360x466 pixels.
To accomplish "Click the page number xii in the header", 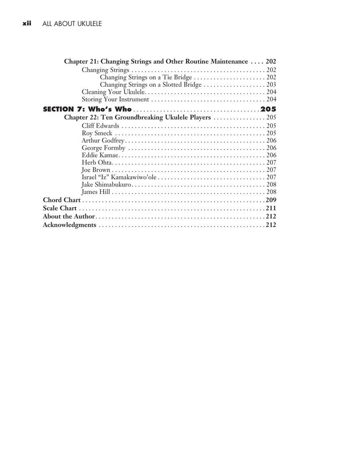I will [29, 24].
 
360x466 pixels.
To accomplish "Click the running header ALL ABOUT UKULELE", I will [72, 24].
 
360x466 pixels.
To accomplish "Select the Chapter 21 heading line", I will [156, 61].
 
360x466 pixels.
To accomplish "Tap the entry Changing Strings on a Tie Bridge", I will [146, 77].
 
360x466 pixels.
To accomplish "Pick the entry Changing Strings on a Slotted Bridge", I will [150, 85].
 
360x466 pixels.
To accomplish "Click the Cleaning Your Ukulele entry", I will [115, 92].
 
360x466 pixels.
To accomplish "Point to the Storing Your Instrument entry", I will [116, 99].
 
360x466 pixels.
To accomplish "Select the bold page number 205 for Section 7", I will [268, 109].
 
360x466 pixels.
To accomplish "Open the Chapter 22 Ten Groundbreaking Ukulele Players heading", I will [138, 117].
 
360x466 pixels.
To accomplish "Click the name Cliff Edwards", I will [100, 126].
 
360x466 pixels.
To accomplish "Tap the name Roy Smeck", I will [97, 133].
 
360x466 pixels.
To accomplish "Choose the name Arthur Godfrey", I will [103, 141].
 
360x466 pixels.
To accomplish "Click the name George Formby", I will [103, 148].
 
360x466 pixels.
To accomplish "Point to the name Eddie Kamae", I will [100, 155].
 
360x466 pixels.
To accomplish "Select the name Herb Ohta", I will [97, 163].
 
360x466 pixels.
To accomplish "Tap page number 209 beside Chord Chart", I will [271, 200].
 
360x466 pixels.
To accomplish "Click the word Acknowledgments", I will [69, 225].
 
